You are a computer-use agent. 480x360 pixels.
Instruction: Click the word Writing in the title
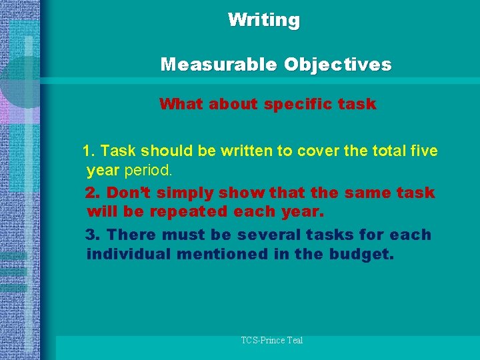click(x=264, y=20)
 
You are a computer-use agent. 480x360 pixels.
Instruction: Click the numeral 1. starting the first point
click(x=89, y=151)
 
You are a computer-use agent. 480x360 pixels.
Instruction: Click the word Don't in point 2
click(x=127, y=193)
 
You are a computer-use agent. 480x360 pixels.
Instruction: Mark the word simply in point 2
click(x=175, y=193)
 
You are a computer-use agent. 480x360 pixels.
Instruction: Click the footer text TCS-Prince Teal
click(x=272, y=341)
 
